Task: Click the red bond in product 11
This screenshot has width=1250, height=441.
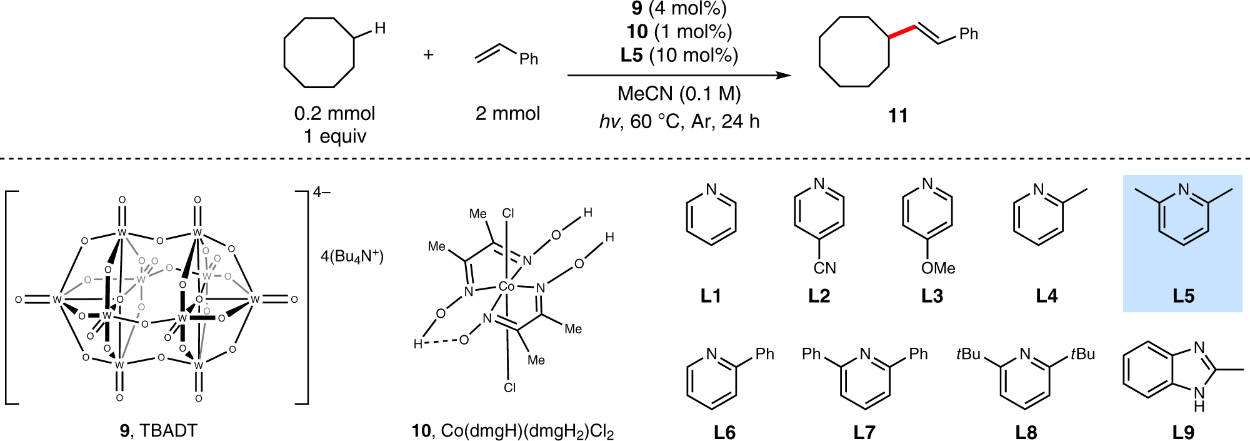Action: pos(902,32)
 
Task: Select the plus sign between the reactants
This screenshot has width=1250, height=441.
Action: pos(428,55)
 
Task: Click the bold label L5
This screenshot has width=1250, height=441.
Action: pos(1183,296)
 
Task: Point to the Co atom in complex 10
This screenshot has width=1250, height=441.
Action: pos(506,286)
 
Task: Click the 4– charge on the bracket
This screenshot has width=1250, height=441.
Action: pos(322,192)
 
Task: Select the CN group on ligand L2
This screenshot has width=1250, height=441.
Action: pos(824,268)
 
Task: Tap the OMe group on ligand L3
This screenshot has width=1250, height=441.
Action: pos(938,268)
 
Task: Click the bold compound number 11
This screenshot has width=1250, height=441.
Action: pos(897,116)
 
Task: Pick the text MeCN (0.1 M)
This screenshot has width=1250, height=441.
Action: pos(679,94)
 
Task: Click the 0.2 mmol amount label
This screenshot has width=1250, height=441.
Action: pos(334,113)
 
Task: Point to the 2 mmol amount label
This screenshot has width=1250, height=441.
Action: pos(507,113)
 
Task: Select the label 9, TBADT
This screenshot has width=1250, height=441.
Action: pos(158,430)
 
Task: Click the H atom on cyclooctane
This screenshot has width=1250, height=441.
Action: pos(380,28)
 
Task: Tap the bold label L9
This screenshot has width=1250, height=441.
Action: pos(1183,432)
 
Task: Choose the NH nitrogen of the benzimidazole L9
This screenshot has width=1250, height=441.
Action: pos(1199,394)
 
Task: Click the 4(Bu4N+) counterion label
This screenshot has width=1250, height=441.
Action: pos(352,256)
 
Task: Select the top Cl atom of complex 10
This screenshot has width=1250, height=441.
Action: pos(508,213)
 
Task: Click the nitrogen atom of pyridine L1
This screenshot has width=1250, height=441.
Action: pos(711,190)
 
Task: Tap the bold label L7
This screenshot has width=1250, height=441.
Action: pos(864,432)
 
